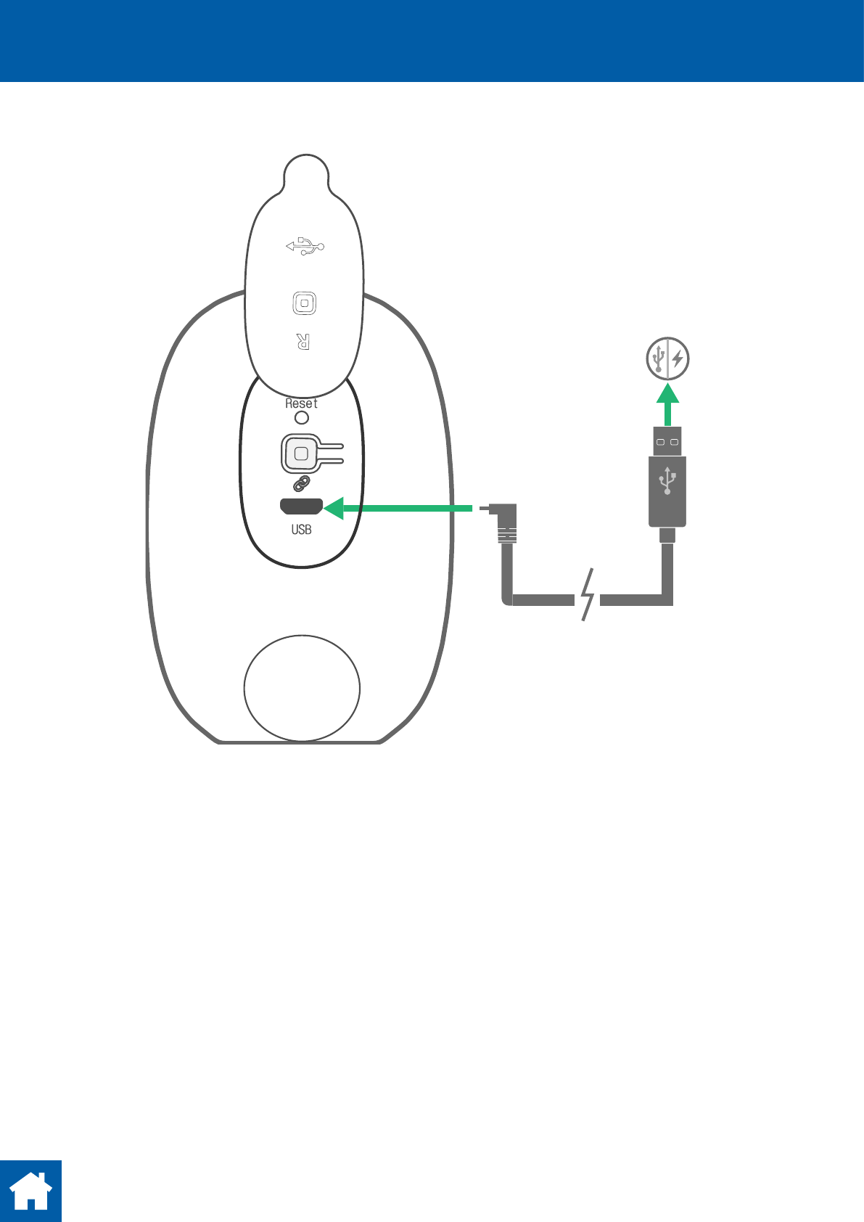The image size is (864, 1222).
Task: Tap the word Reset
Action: tap(301, 403)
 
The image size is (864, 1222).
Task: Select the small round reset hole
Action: tap(302, 417)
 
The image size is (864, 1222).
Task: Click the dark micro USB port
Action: tap(302, 507)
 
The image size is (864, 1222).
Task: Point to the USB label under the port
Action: tap(301, 530)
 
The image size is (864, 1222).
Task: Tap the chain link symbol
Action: tap(302, 483)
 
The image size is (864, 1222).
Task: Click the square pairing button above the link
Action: tap(302, 454)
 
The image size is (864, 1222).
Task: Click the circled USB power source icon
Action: tap(668, 358)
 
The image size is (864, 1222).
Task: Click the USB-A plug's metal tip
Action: tap(667, 441)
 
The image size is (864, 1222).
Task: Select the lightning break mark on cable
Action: tap(588, 595)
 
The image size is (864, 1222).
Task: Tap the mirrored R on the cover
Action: tap(303, 341)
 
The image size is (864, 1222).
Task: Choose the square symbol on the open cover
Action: tap(305, 303)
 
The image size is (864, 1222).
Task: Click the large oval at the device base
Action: tap(302, 688)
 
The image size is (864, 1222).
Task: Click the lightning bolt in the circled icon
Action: tap(678, 358)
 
